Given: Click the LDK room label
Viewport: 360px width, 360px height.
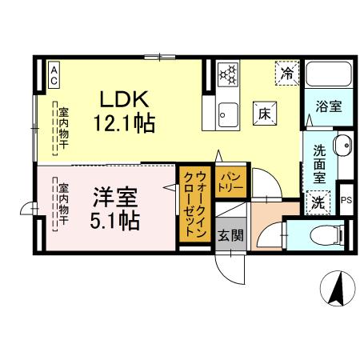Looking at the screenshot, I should coord(124,100).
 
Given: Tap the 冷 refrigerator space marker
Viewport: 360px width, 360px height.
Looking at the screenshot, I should coord(286,74).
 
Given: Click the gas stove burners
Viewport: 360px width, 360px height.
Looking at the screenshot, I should coord(228,74).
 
